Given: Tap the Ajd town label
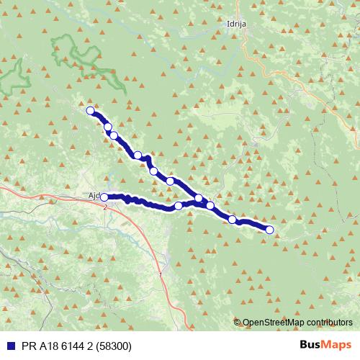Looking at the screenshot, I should [x=91, y=196].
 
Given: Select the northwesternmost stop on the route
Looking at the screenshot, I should [x=91, y=111].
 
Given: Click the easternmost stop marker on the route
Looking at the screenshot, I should [x=270, y=230].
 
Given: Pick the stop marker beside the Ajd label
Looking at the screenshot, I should [x=104, y=197].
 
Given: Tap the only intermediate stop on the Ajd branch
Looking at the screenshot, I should [x=179, y=206].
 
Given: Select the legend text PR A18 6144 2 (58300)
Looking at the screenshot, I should [x=71, y=345].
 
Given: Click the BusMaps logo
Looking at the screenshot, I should [x=325, y=345].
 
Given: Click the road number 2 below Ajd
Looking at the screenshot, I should [x=105, y=207].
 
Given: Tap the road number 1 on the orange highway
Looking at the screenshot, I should [x=159, y=276].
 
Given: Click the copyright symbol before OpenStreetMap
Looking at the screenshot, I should [x=237, y=323].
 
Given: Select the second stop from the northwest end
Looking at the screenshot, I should [x=108, y=127].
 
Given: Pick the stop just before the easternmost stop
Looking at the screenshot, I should [x=233, y=219].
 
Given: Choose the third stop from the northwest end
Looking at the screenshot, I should [x=114, y=135].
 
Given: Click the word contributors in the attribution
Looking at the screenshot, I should [x=329, y=323].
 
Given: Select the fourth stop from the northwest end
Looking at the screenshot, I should [x=138, y=155].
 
